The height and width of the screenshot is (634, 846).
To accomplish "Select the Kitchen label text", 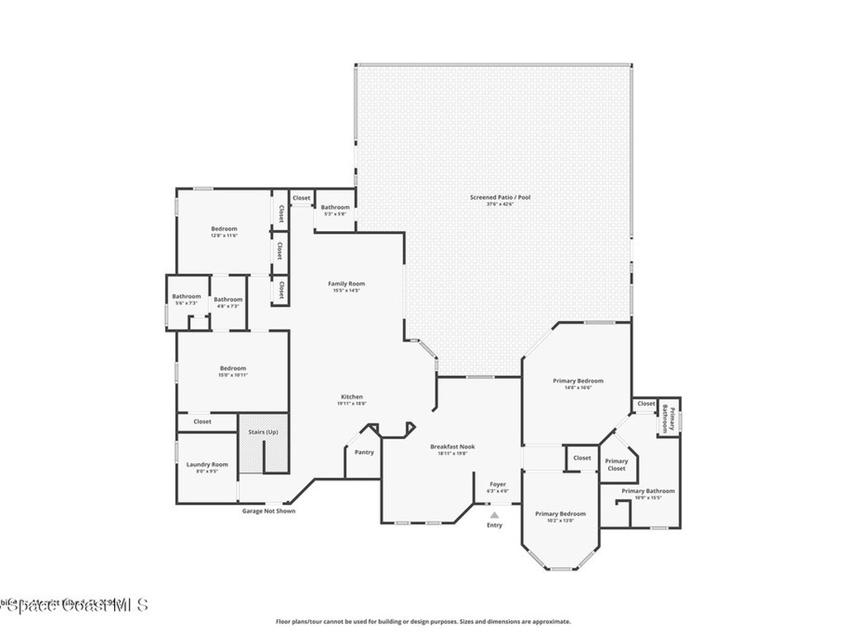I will (x=351, y=397).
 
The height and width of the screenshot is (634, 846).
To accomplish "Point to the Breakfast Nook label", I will (x=452, y=447).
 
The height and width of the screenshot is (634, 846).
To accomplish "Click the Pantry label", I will (x=364, y=452).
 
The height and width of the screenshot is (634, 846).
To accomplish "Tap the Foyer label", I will (x=497, y=485).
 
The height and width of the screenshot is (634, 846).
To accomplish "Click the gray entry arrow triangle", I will (x=494, y=514).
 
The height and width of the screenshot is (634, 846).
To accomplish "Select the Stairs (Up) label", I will (x=263, y=432).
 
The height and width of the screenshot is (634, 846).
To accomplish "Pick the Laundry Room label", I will (x=207, y=465).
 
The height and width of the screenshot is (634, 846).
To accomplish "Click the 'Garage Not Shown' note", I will (x=268, y=511).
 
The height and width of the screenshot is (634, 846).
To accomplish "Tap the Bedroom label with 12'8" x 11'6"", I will (x=224, y=229).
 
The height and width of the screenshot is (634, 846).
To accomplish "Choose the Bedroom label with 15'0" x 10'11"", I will (x=232, y=368).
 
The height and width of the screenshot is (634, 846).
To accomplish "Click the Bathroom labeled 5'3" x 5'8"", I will (x=335, y=207).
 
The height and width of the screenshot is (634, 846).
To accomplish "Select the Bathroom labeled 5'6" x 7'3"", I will (x=186, y=296).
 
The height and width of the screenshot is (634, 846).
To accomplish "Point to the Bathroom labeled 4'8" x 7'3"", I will (x=227, y=300).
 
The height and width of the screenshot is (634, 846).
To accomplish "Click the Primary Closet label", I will (x=616, y=465).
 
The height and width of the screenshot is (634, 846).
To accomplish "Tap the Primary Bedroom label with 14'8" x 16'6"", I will (x=577, y=381).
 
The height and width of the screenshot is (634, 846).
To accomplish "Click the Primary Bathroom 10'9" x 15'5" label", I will (x=648, y=491).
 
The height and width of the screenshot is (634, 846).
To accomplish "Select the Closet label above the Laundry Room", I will (x=202, y=422).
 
